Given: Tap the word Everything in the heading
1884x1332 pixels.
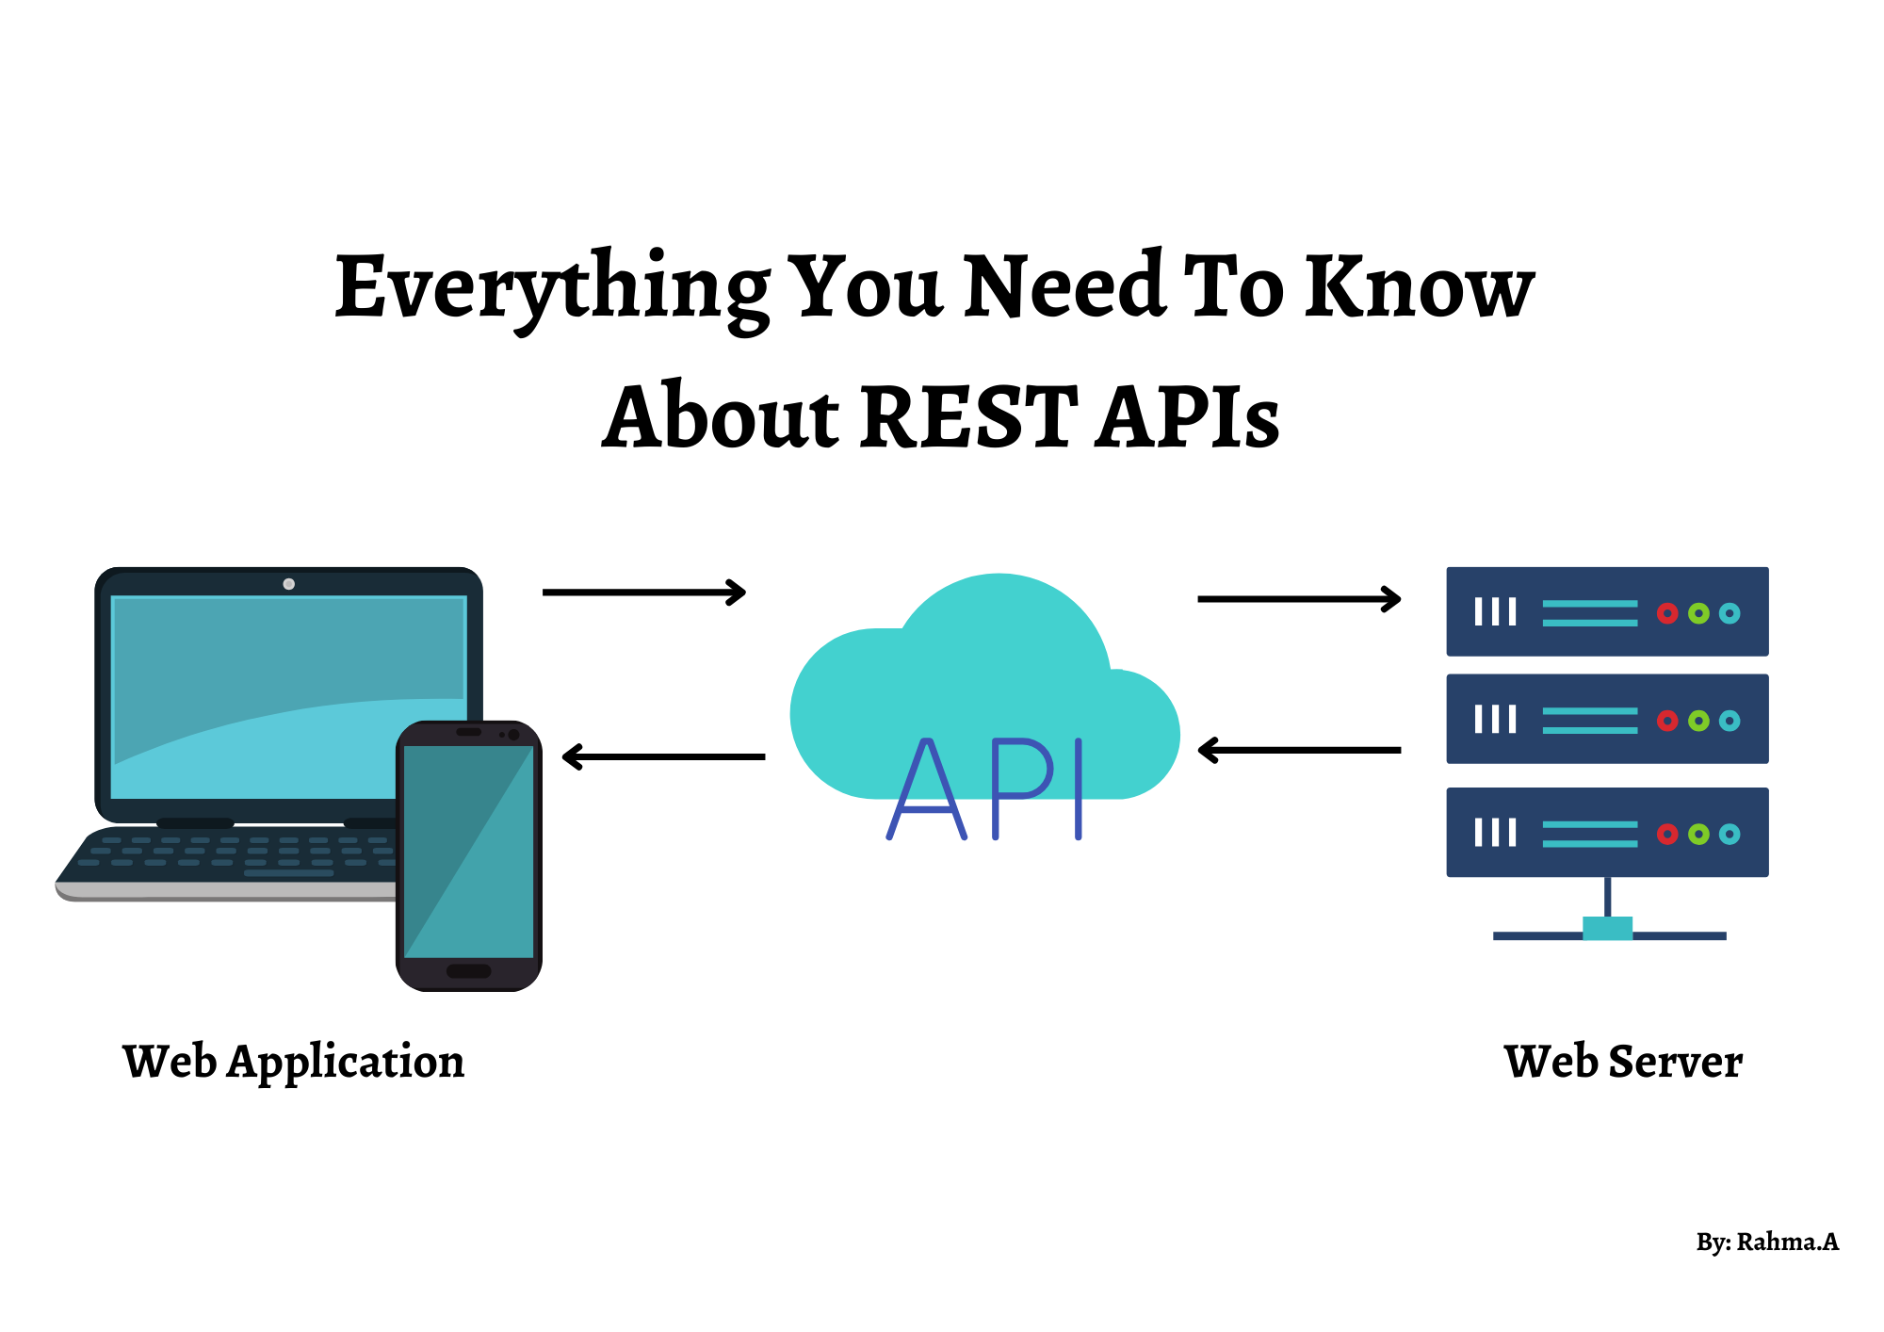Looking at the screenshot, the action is [x=552, y=287].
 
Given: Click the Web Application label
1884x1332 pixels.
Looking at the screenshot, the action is [x=293, y=1062].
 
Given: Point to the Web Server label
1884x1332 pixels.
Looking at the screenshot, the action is [x=1622, y=1062].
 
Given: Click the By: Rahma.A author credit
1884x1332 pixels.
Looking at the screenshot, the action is [x=1766, y=1242].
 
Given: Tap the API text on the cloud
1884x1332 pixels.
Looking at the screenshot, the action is [x=985, y=789].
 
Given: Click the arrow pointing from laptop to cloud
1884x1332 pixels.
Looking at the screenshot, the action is [x=644, y=593].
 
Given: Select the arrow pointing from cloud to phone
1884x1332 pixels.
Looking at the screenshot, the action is [x=663, y=756].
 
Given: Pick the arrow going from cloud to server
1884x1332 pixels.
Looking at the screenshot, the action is [x=1299, y=598].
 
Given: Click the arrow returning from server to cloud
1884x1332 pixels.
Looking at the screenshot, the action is [x=1299, y=750].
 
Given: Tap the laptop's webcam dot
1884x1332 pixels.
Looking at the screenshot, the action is [x=289, y=584].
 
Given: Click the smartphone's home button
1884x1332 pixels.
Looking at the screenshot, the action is [x=468, y=971].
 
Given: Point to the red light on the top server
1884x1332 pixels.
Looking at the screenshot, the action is [x=1667, y=613].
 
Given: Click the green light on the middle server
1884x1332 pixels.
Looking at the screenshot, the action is [x=1698, y=721].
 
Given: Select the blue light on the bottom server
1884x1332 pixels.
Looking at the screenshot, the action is [x=1730, y=834].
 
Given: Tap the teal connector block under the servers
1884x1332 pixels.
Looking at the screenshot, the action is [x=1607, y=928].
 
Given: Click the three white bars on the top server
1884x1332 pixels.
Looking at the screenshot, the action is [x=1495, y=612].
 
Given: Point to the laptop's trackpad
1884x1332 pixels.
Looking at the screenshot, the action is [x=288, y=873].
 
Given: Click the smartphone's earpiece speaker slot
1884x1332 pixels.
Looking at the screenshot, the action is [x=468, y=732].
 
